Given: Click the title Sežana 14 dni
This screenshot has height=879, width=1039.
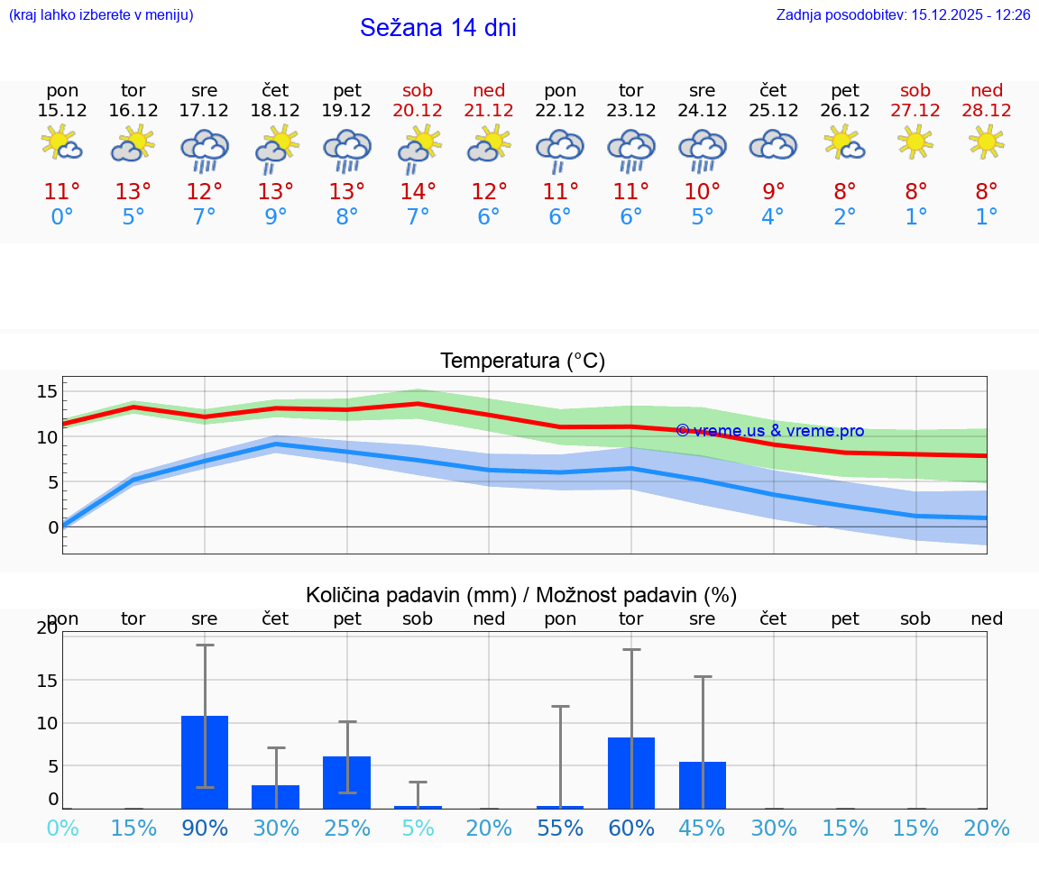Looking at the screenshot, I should coord(437,28).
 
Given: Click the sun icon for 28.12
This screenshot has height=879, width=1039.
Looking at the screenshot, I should coord(987,142).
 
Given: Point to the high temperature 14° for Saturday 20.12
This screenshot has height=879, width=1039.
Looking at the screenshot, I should coord(418,192).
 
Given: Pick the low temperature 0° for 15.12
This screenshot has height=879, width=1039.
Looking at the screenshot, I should coord(62,217).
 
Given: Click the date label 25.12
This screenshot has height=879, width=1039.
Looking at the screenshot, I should coord(774,111).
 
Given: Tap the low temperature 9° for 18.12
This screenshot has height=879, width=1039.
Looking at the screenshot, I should coord(276,217).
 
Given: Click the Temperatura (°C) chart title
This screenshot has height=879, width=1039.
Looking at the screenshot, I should coord(522,362).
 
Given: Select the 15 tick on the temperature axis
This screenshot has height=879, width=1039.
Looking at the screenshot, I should coord(47,391).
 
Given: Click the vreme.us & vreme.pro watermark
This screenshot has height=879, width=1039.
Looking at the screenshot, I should coord(770,431).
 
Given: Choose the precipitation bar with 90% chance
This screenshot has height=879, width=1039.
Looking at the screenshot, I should coord(205,762).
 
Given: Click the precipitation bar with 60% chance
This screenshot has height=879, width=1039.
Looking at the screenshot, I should coord(631,773).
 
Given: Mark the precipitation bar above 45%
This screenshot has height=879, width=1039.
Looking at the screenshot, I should coord(703,785).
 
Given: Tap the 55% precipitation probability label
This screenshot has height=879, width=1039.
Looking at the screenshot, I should coord(560,829).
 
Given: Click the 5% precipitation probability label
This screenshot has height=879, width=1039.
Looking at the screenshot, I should coord(418,829).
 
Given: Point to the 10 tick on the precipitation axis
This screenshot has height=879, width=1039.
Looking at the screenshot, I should coord(47,723).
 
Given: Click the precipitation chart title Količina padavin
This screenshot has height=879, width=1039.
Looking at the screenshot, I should coord(521,595).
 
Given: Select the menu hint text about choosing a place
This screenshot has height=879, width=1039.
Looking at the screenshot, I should coord(101,15).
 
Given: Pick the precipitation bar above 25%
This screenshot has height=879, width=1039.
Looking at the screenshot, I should coord(347,783).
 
